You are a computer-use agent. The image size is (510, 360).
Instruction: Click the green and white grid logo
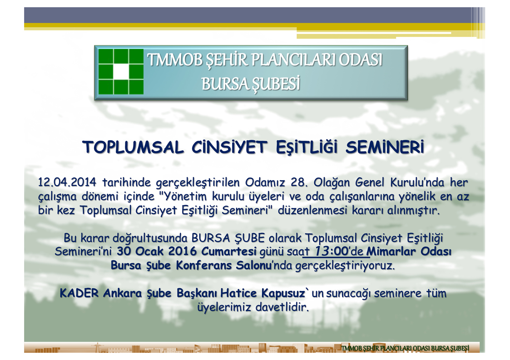tap(121, 72)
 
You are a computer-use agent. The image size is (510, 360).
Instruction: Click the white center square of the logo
tap(121, 72)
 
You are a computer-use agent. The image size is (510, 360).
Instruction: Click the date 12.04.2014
tap(67, 182)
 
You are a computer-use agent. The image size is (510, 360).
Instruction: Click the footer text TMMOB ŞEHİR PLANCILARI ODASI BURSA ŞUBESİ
tap(405, 348)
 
